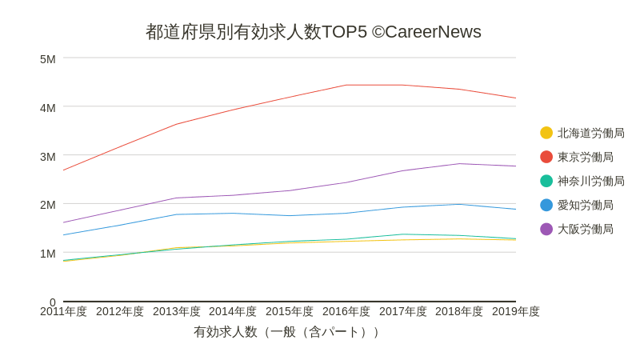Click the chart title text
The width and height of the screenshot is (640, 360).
click(x=313, y=32)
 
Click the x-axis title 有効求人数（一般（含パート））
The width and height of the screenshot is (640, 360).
click(x=289, y=332)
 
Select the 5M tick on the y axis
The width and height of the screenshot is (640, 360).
click(x=48, y=59)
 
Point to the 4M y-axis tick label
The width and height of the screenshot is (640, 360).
click(x=48, y=108)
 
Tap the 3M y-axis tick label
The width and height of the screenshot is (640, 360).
click(x=48, y=157)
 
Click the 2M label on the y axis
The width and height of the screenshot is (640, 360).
click(x=48, y=205)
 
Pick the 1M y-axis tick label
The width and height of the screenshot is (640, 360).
click(x=48, y=254)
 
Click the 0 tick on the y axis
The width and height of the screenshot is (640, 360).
click(x=52, y=302)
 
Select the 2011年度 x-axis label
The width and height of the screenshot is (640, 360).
click(x=63, y=311)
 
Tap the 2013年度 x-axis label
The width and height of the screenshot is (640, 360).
click(x=177, y=311)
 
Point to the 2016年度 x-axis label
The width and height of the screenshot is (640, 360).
click(x=346, y=311)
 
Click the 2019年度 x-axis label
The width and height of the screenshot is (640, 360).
click(x=515, y=311)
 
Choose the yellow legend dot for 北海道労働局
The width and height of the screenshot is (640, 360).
click(x=546, y=133)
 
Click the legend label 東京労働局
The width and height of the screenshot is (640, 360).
click(x=586, y=157)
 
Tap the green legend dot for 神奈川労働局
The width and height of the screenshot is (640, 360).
click(x=546, y=181)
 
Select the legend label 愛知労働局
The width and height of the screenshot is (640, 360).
click(x=586, y=205)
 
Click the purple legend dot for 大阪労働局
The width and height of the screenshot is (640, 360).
click(x=546, y=229)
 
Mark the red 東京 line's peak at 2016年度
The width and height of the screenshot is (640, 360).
click(x=346, y=85)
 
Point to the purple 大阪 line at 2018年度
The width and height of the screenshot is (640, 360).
click(x=459, y=164)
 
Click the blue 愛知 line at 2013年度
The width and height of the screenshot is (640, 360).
click(x=177, y=214)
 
